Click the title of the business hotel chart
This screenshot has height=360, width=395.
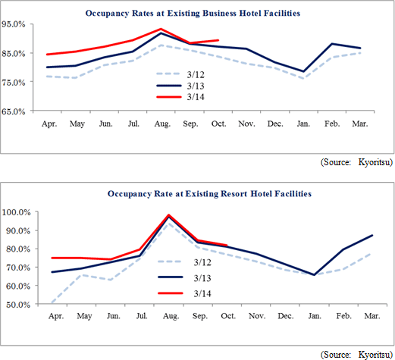point(193,14)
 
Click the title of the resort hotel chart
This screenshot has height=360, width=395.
point(209,194)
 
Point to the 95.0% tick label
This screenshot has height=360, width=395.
point(14,24)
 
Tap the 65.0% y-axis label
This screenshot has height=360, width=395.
point(14,111)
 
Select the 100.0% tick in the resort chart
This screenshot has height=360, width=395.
point(16,211)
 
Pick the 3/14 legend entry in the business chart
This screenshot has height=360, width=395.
point(180,97)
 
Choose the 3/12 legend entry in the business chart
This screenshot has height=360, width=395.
point(180,74)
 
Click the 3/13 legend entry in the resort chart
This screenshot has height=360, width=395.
point(184,277)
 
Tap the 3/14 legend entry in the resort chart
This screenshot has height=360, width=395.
point(184,293)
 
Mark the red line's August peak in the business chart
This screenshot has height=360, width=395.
point(161,29)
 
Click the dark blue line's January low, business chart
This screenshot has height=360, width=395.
point(303,71)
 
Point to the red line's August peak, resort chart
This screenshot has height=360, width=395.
point(169,215)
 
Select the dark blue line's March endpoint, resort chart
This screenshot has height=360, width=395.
point(372,236)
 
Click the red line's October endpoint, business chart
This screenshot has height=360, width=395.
point(218,40)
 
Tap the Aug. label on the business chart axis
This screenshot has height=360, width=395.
point(162,124)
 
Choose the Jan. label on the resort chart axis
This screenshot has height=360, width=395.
point(315,316)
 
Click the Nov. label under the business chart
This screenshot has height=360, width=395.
point(246,124)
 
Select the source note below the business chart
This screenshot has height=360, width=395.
point(356,162)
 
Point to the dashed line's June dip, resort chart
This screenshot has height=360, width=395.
point(111,280)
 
